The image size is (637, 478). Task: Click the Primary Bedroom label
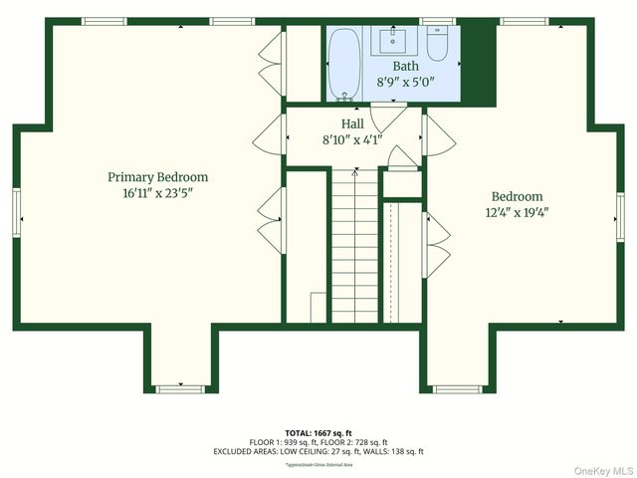(157, 176)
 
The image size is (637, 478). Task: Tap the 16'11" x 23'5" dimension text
(157, 193)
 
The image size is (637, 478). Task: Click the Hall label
(352, 123)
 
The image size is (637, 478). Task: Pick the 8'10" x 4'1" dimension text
(352, 139)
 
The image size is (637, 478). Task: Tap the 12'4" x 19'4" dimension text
(517, 213)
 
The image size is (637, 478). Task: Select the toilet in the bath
(438, 43)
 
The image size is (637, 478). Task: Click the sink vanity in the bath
(391, 40)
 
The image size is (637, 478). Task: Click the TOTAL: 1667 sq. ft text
(318, 433)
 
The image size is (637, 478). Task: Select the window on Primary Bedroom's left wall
(17, 212)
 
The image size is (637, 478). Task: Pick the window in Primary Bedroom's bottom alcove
(179, 385)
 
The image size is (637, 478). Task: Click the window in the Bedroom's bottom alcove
(457, 385)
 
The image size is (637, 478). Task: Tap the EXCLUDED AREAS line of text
(318, 451)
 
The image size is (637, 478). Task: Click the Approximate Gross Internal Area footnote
(318, 464)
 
